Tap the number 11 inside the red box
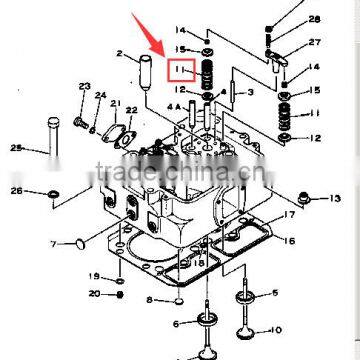point(181,70)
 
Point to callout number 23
point(84,87)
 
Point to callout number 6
point(176,323)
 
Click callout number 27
point(315,43)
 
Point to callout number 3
point(250,92)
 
